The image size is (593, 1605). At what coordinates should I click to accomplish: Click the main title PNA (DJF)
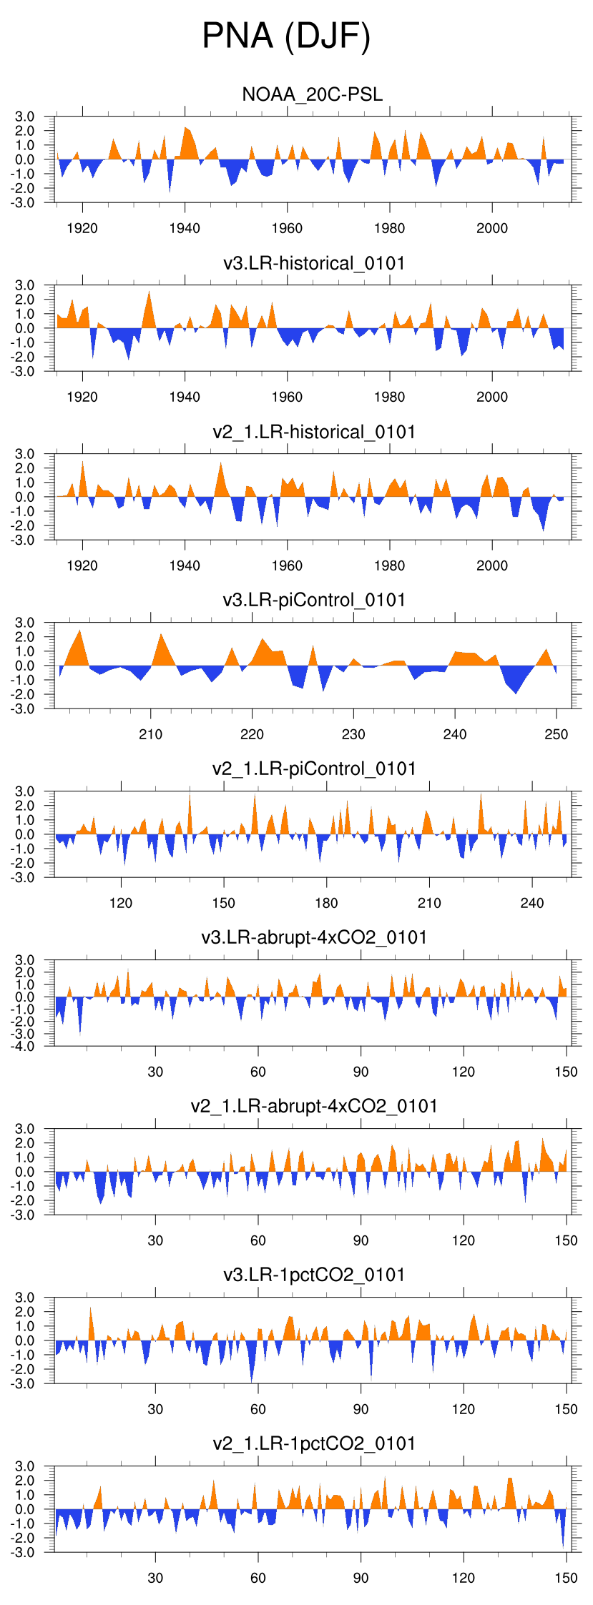(x=286, y=36)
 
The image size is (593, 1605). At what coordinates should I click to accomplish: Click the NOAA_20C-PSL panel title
(x=313, y=94)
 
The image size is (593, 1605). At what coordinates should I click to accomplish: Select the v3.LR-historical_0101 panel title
(x=314, y=263)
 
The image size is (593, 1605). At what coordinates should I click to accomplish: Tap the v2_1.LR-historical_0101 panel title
(x=314, y=432)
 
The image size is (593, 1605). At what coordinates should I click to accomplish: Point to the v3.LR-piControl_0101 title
(x=314, y=600)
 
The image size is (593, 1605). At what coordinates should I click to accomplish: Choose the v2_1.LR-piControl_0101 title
(x=314, y=769)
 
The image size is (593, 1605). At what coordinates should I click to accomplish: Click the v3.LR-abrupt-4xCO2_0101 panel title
(x=314, y=937)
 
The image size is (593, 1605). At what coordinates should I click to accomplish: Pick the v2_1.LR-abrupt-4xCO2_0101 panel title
(x=314, y=1106)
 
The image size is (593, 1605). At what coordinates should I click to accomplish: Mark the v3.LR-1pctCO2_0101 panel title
(x=314, y=1275)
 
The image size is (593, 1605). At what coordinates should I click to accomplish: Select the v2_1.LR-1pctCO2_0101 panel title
(x=314, y=1443)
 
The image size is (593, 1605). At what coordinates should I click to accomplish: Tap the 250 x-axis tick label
(x=556, y=734)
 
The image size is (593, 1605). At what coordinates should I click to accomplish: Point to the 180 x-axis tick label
(x=326, y=903)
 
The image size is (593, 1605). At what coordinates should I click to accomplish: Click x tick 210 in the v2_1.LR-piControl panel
(x=429, y=903)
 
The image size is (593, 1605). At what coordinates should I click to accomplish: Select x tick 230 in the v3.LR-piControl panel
(x=353, y=734)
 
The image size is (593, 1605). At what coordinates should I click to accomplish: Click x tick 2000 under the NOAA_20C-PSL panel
(x=492, y=228)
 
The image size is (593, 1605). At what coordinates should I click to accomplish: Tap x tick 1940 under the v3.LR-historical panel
(x=185, y=397)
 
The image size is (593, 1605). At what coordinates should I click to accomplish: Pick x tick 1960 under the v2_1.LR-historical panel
(x=287, y=566)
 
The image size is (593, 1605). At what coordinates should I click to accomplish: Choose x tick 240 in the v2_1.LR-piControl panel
(x=532, y=903)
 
